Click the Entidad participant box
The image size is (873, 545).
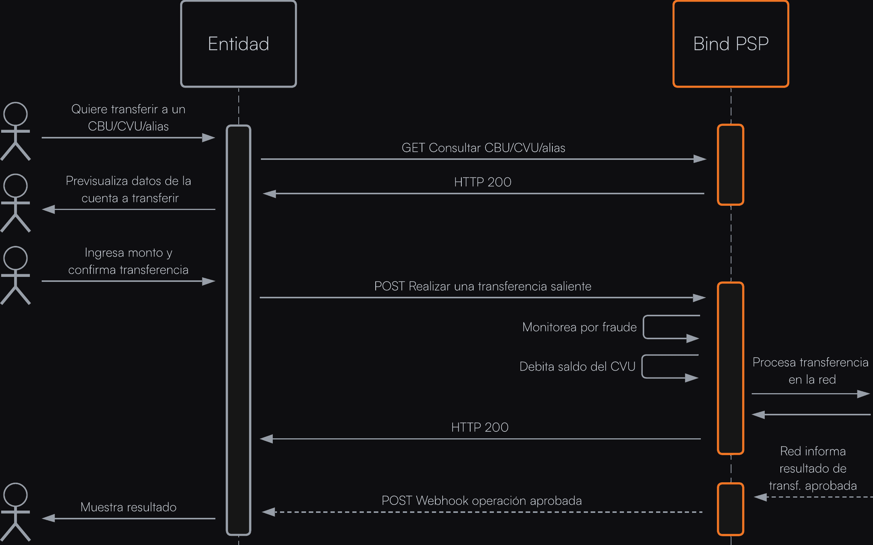click(238, 44)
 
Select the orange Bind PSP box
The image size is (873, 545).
click(731, 44)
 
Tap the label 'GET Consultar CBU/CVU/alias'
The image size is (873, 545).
click(483, 148)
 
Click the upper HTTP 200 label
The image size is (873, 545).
click(482, 182)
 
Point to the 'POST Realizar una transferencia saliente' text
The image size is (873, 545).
click(482, 286)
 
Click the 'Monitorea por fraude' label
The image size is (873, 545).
click(579, 327)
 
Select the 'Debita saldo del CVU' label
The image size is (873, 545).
click(577, 366)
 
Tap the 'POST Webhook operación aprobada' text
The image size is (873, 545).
click(482, 500)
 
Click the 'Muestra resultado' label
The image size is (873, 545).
click(128, 507)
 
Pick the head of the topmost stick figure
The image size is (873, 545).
click(15, 114)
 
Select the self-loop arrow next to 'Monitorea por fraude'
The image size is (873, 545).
click(671, 327)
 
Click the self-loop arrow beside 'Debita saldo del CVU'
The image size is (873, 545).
click(670, 366)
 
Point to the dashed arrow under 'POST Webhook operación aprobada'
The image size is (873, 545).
click(482, 512)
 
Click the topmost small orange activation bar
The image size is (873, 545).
click(730, 164)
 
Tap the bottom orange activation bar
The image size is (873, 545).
click(730, 509)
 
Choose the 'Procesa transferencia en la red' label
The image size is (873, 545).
click(810, 371)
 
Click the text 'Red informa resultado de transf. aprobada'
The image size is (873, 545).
click(813, 468)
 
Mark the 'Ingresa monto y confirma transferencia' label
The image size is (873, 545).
click(128, 261)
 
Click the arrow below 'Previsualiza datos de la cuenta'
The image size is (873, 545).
click(129, 209)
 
